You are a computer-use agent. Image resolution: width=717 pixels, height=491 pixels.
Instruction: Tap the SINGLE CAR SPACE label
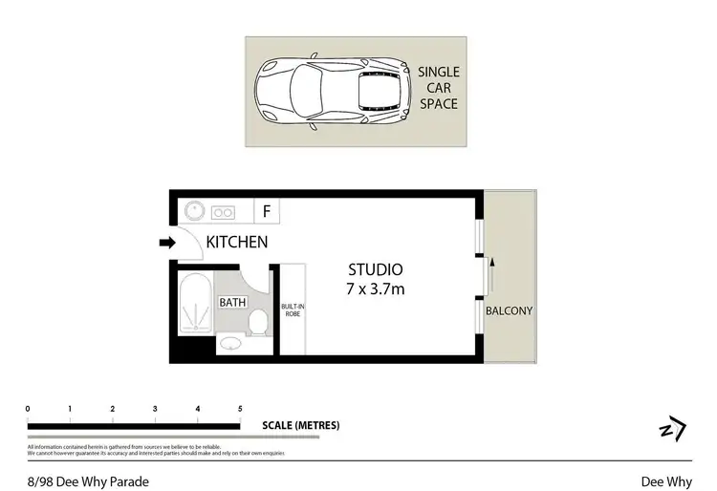pyautogui.click(x=439, y=88)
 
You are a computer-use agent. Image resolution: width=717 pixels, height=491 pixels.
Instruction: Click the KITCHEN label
pyautogui.click(x=237, y=243)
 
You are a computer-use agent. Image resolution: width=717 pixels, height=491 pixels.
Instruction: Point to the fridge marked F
pyautogui.click(x=267, y=211)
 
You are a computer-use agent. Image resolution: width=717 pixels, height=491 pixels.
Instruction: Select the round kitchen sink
pyautogui.click(x=195, y=212)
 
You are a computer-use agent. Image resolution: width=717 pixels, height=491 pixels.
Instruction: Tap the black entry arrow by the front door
pyautogui.click(x=167, y=244)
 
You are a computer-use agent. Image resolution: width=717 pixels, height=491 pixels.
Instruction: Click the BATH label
pyautogui.click(x=232, y=303)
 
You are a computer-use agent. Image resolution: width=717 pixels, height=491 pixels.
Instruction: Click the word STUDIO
pyautogui.click(x=376, y=269)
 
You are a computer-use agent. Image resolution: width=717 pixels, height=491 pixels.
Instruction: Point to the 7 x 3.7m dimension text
pyautogui.click(x=376, y=288)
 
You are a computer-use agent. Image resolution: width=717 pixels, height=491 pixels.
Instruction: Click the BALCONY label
pyautogui.click(x=509, y=311)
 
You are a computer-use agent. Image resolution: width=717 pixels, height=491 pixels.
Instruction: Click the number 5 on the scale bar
pyautogui.click(x=240, y=408)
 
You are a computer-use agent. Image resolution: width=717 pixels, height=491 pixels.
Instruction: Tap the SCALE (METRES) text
pyautogui.click(x=300, y=426)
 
